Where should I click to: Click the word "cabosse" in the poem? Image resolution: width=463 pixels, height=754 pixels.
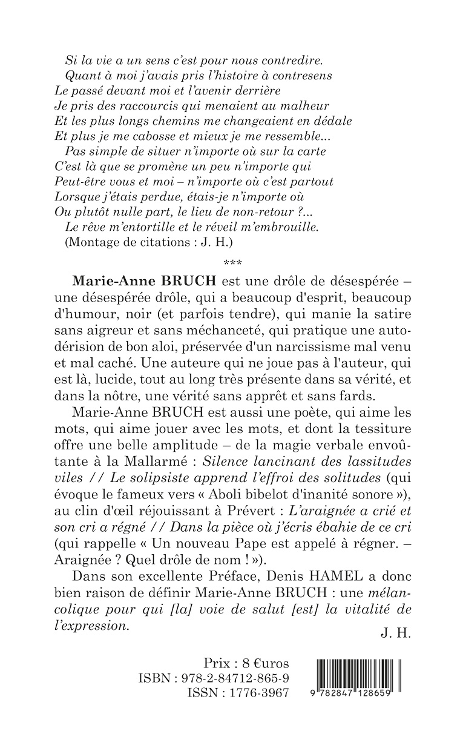[145, 136]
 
